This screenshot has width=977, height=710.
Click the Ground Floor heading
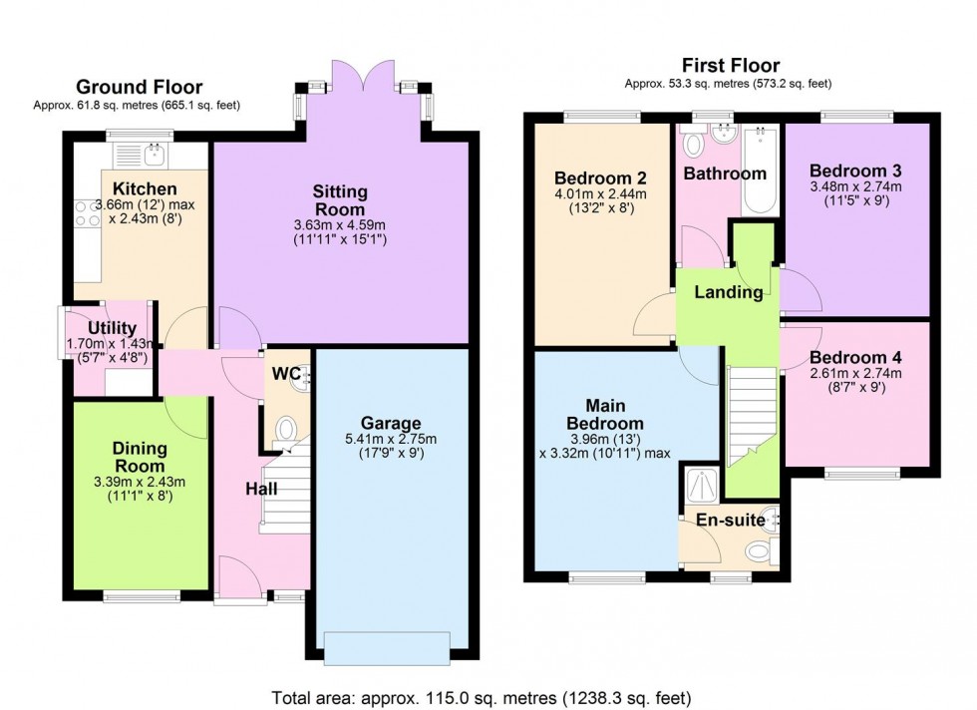point(139,88)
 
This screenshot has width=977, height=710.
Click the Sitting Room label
point(340,199)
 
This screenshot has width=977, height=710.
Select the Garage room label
point(398,423)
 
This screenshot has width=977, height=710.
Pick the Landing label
point(729,292)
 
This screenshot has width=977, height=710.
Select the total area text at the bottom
point(481,697)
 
